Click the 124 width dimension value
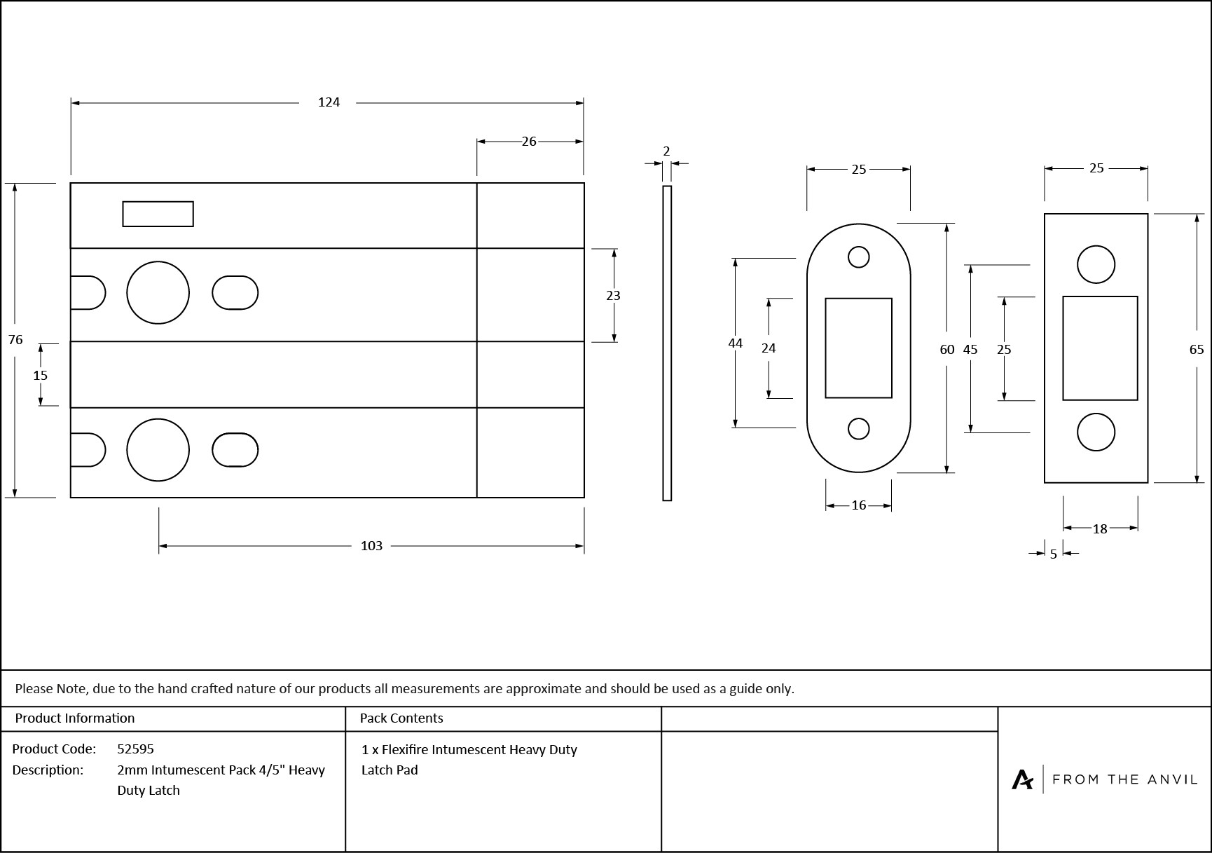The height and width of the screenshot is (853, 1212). [x=329, y=102]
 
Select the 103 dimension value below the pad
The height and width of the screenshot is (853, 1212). [x=371, y=546]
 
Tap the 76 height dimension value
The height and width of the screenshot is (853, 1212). [x=15, y=340]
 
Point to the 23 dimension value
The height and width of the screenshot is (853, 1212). [x=613, y=296]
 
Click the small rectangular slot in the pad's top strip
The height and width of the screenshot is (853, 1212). [x=158, y=214]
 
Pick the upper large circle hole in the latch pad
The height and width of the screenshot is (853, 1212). [x=158, y=292]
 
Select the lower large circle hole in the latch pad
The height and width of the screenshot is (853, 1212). [x=158, y=450]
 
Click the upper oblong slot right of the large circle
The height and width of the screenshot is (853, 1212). [x=235, y=292]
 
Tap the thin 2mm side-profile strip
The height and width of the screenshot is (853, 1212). [x=667, y=343]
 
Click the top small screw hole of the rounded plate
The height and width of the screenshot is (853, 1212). [x=858, y=257]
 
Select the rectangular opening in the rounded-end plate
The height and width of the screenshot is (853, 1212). [x=858, y=348]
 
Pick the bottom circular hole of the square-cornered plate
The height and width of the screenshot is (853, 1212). [x=1096, y=432]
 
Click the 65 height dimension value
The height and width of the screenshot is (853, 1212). [x=1197, y=350]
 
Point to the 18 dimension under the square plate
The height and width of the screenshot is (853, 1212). [x=1100, y=529]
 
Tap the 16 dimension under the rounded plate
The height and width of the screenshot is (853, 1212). [x=859, y=505]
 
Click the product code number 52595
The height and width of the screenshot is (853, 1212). [x=135, y=749]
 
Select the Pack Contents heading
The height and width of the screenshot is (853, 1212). [x=401, y=718]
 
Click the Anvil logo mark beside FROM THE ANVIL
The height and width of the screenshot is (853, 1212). [x=1022, y=779]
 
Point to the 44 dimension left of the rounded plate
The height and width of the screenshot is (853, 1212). [x=735, y=343]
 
